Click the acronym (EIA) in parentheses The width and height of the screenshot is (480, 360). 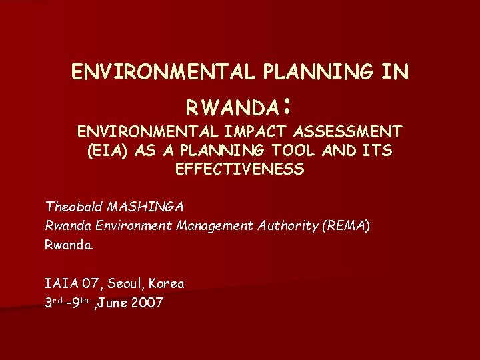tap(108, 151)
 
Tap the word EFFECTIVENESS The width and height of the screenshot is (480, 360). tap(240, 169)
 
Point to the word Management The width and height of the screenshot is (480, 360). tap(213, 225)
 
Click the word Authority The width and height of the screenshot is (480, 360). tap(287, 225)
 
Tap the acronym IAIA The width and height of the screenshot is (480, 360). tap(60, 283)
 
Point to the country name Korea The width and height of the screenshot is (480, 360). tap(167, 283)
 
